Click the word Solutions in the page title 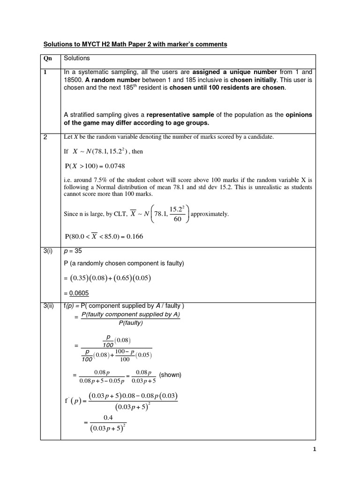pos(58,44)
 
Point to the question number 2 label pos(46,137)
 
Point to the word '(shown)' pos(170,375)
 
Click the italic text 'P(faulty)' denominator pos(130,322)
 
